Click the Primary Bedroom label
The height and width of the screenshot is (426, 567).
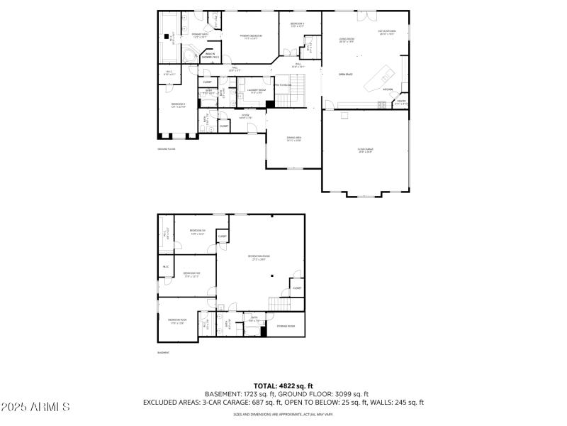251,36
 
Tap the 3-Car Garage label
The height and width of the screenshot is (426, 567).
366,150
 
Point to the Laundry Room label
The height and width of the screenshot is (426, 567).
257,91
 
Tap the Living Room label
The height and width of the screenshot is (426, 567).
347,40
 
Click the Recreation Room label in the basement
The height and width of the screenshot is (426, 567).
259,257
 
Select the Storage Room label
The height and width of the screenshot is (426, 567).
286,326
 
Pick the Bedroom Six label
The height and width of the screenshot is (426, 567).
198,231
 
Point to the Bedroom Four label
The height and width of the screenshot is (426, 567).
177,320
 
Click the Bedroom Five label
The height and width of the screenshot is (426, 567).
191,274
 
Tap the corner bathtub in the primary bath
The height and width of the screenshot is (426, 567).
189,55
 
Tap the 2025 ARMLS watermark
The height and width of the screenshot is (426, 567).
35,407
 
